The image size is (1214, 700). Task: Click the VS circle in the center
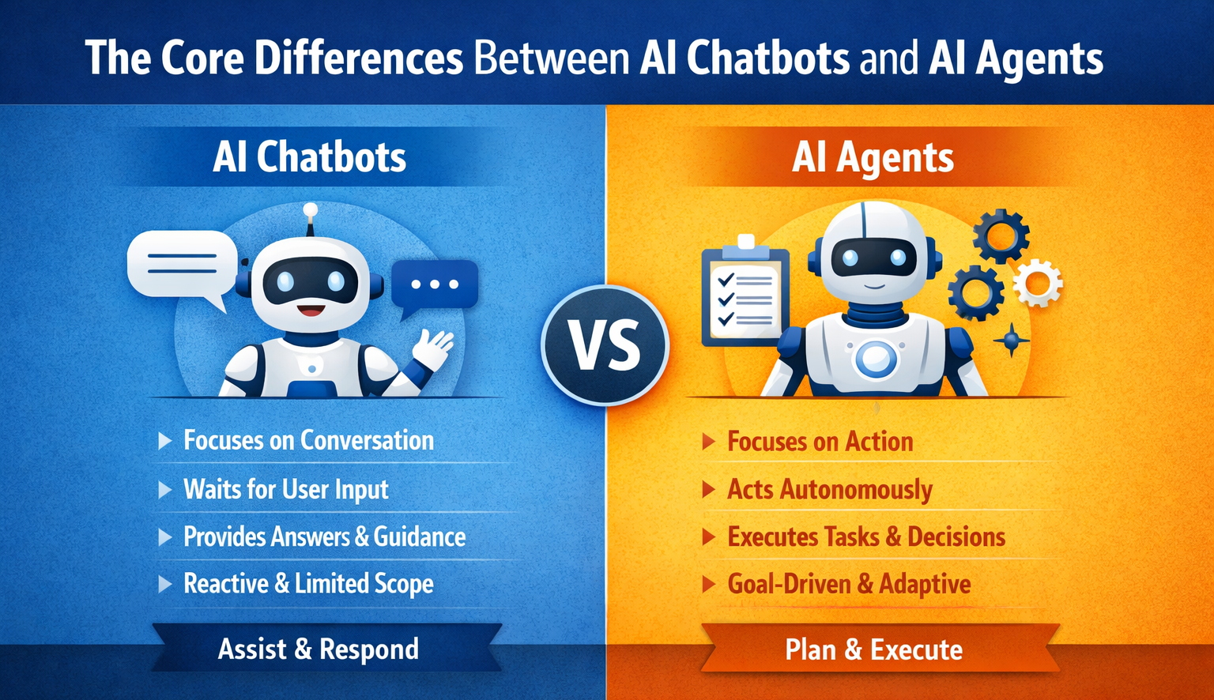[x=605, y=345]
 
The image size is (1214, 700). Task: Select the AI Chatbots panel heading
[x=309, y=157]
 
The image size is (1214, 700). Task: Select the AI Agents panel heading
[x=873, y=157]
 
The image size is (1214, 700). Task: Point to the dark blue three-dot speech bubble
[x=435, y=284]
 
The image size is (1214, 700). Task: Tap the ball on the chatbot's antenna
[x=311, y=210]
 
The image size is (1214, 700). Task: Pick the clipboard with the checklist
[x=744, y=292]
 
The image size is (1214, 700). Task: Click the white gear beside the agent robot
[x=1037, y=282]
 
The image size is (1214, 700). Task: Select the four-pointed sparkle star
[x=1011, y=341]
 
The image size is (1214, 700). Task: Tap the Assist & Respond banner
[x=318, y=649]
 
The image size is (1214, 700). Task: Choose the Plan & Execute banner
[x=873, y=650]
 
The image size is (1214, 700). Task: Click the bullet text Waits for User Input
[x=285, y=489]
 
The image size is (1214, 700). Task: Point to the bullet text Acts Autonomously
[x=829, y=490]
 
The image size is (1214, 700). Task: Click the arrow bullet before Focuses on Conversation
[x=164, y=441]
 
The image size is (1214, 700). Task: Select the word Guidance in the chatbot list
[x=420, y=537]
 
